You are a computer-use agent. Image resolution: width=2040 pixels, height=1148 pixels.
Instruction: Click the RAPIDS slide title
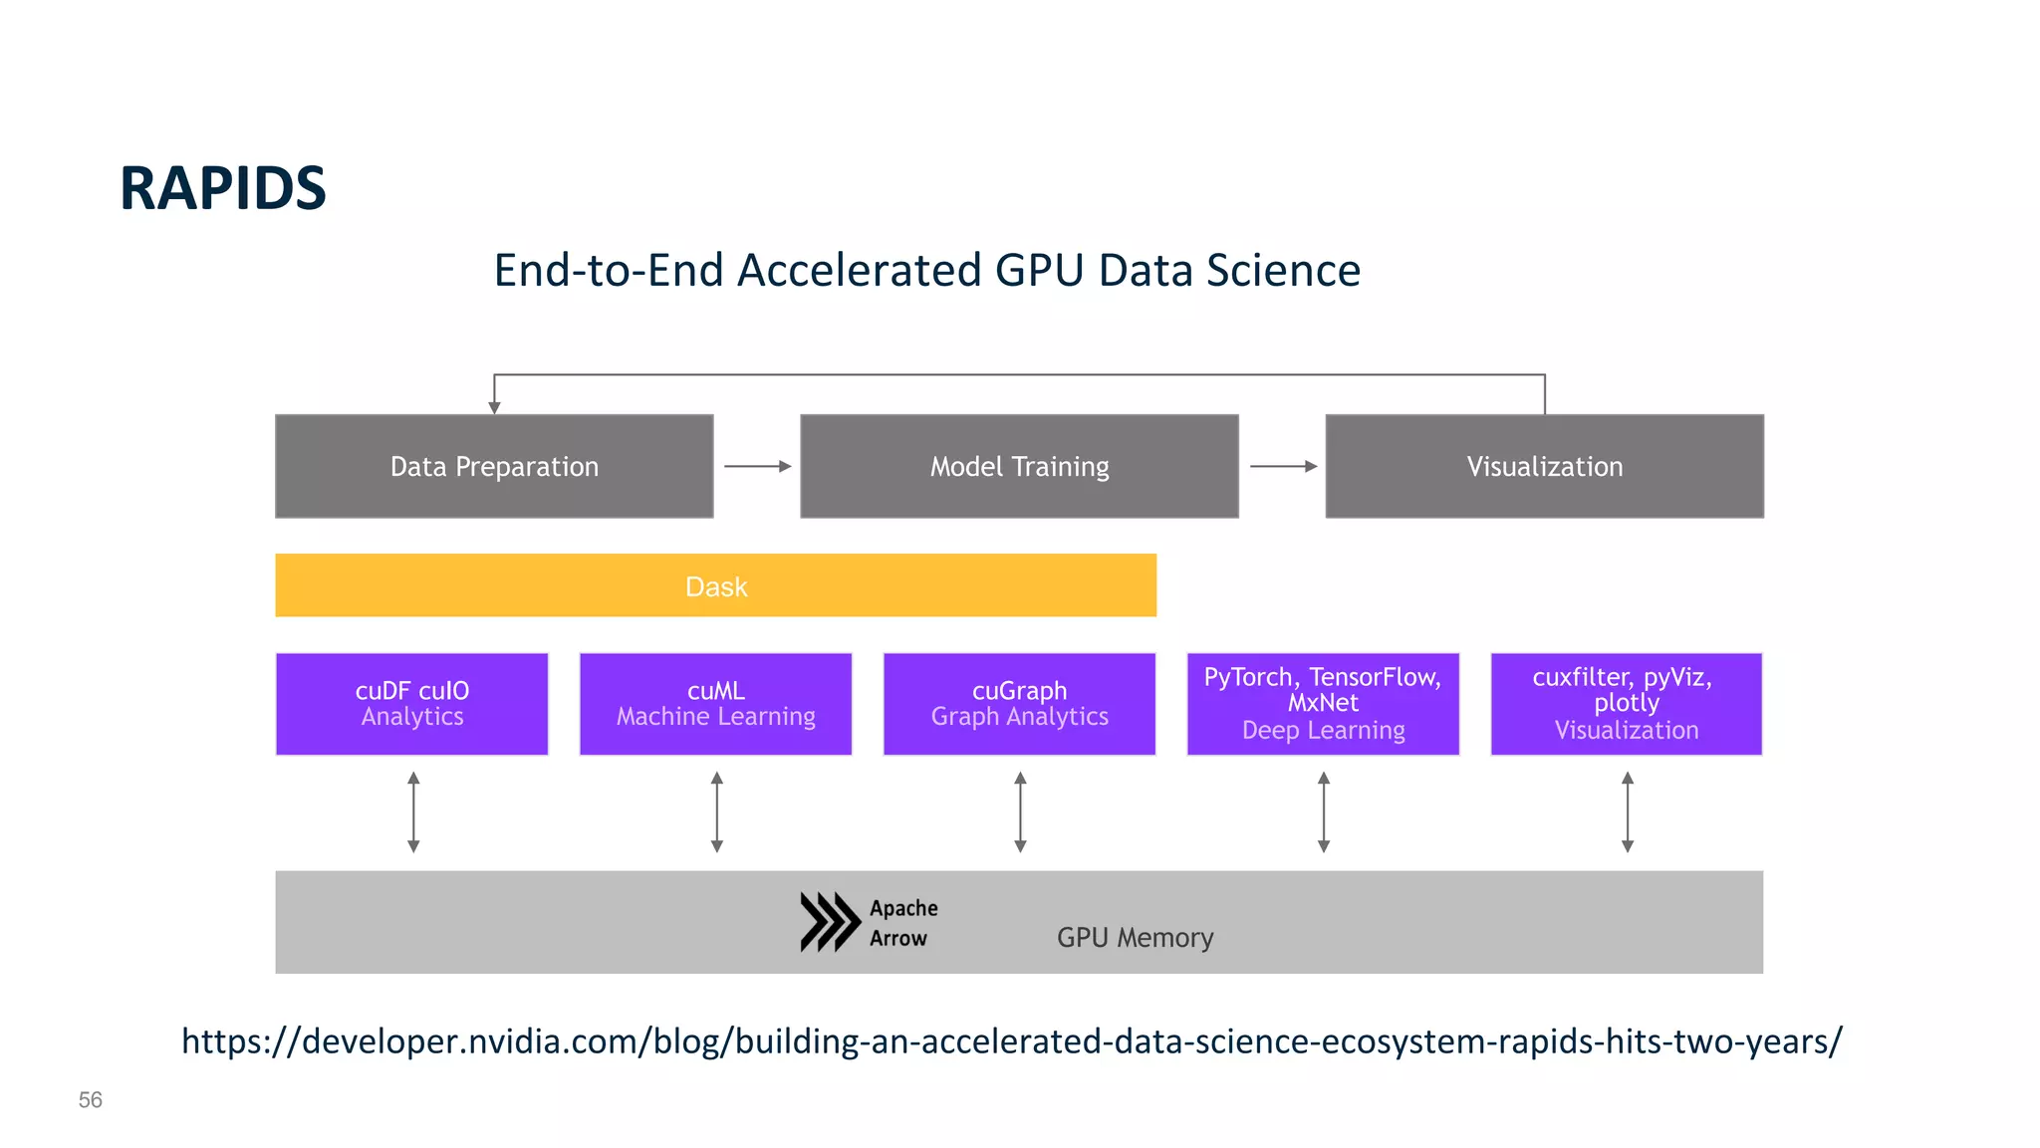pyautogui.click(x=222, y=188)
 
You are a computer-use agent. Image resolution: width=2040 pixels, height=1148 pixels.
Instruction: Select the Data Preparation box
pyautogui.click(x=494, y=466)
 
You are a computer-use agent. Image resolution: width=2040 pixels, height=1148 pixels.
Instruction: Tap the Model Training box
pyautogui.click(x=1019, y=466)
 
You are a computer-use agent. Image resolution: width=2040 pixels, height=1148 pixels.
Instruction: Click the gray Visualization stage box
pyautogui.click(x=1544, y=466)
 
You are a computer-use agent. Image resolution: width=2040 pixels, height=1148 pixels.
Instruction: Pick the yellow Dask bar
pyautogui.click(x=715, y=585)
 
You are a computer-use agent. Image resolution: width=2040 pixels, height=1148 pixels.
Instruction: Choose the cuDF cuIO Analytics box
pyautogui.click(x=411, y=704)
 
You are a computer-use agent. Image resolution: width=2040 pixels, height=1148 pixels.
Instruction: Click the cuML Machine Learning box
pyautogui.click(x=715, y=704)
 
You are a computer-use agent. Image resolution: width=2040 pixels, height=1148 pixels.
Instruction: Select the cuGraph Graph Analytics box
pyautogui.click(x=1019, y=704)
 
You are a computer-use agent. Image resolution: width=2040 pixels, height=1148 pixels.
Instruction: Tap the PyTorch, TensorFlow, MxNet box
pyautogui.click(x=1323, y=704)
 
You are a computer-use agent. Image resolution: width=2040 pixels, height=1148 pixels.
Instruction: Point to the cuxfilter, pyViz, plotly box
pyautogui.click(x=1626, y=704)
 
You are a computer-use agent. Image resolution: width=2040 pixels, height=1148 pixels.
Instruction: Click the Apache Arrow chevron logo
pyautogui.click(x=830, y=922)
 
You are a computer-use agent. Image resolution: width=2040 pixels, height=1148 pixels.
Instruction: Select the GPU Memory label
pyautogui.click(x=1135, y=938)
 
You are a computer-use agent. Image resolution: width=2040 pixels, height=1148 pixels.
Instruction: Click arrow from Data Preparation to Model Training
pyautogui.click(x=757, y=466)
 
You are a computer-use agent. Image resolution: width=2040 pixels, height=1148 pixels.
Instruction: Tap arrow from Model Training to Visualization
pyautogui.click(x=1283, y=466)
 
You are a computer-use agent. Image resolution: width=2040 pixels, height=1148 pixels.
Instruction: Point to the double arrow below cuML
pyautogui.click(x=716, y=812)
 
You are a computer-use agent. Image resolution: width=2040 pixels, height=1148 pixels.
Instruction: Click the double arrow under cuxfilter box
pyautogui.click(x=1627, y=812)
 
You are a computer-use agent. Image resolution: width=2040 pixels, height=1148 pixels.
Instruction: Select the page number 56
pyautogui.click(x=91, y=1100)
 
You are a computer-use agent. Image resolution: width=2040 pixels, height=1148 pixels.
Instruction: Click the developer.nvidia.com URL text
pyautogui.click(x=1011, y=1041)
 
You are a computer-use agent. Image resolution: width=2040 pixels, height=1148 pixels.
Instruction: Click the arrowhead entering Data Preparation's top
pyautogui.click(x=494, y=407)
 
